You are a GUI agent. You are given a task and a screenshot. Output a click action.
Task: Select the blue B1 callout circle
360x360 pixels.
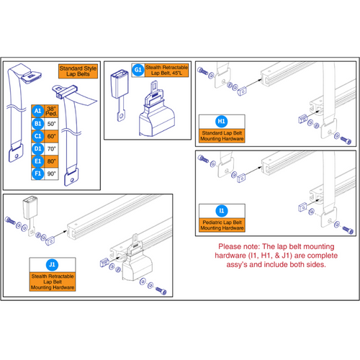tap(37, 124)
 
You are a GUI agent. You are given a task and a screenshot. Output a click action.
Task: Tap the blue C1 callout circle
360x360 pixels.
tap(37, 136)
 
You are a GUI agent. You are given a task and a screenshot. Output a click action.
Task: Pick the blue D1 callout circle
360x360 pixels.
tap(37, 149)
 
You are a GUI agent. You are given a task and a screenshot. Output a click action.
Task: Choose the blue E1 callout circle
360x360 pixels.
tap(37, 161)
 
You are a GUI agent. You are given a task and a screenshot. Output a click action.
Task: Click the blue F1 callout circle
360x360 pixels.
tap(37, 174)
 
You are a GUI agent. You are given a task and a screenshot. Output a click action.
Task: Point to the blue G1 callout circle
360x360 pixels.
tap(138, 71)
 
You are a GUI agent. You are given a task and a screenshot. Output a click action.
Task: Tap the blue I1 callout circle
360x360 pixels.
tap(222, 212)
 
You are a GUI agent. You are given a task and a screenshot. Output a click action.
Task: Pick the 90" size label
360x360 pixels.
tap(53, 174)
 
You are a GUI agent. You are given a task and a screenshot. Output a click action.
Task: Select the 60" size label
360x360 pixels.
tap(53, 136)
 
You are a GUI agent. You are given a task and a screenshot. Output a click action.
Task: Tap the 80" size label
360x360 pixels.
tap(53, 161)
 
